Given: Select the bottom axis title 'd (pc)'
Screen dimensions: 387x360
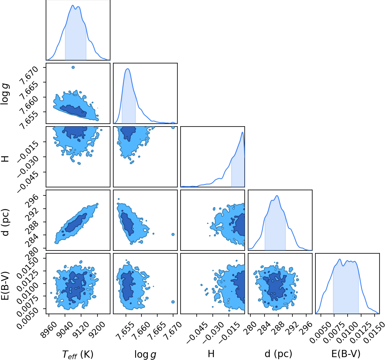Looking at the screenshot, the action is point(278,354).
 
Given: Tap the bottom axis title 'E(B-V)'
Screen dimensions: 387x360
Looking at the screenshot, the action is point(346,354).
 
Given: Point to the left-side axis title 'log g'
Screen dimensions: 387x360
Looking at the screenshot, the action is point(5,94).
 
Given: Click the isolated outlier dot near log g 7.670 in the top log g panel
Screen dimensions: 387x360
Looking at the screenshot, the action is point(73,67).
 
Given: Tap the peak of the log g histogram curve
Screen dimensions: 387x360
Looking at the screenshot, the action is point(128,69).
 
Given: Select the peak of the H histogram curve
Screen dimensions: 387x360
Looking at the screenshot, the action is point(242,132).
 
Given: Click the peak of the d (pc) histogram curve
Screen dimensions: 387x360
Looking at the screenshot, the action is point(277,196).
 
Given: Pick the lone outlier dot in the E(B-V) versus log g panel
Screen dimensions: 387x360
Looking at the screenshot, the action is point(173,302).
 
